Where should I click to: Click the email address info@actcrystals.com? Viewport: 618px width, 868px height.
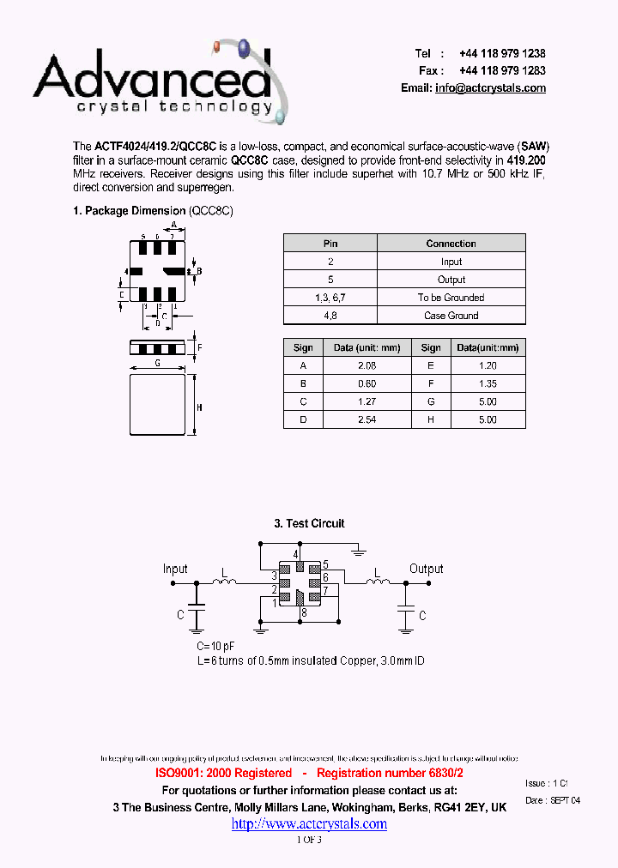pyautogui.click(x=490, y=88)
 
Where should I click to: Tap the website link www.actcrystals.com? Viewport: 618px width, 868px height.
pyautogui.click(x=309, y=823)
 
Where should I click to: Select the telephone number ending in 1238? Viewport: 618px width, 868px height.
pyautogui.click(x=502, y=53)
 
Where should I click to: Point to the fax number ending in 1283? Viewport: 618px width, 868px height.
pyautogui.click(x=502, y=70)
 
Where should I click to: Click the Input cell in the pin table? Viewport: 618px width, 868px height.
pyautogui.click(x=451, y=262)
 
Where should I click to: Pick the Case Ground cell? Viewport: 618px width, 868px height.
pyautogui.click(x=451, y=316)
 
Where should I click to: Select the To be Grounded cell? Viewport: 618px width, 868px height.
pyautogui.click(x=451, y=298)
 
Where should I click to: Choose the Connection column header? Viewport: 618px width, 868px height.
pyautogui.click(x=451, y=244)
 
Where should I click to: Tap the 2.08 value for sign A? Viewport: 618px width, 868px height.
pyautogui.click(x=367, y=365)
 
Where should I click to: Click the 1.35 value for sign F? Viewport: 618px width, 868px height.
pyautogui.click(x=487, y=383)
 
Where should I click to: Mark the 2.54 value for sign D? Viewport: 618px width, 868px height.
pyautogui.click(x=367, y=419)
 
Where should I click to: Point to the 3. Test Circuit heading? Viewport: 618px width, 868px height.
pyautogui.click(x=309, y=523)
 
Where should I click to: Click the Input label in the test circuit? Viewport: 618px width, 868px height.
pyautogui.click(x=175, y=569)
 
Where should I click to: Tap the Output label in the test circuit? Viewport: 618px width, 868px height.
pyautogui.click(x=426, y=569)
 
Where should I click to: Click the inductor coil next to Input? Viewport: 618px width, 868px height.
pyautogui.click(x=225, y=583)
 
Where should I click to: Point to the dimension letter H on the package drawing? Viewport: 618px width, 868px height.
pyautogui.click(x=199, y=407)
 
